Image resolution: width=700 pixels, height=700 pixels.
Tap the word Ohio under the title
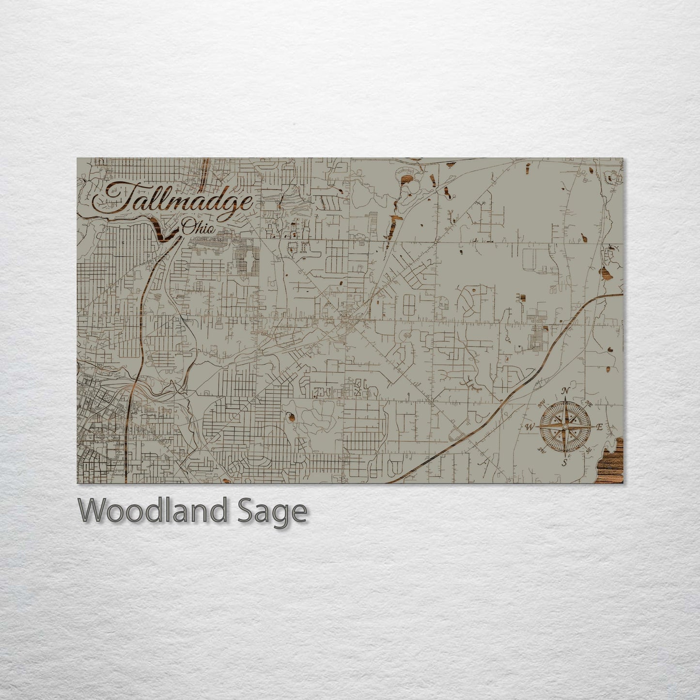[x=198, y=228]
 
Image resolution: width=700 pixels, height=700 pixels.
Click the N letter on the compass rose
[x=565, y=391]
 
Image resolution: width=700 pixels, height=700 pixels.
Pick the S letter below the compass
[x=565, y=463]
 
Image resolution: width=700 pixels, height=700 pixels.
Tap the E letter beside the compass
[x=599, y=427]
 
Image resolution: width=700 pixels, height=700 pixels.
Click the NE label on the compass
[x=589, y=404]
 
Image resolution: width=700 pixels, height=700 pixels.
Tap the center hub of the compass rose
[x=564, y=427]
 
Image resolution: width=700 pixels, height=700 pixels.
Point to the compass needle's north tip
[x=565, y=400]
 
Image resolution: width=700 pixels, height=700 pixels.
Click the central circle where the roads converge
[x=345, y=319]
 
